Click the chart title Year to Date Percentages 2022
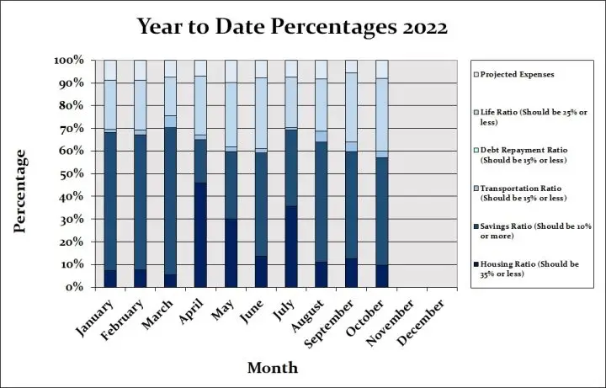[x=294, y=27]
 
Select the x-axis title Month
[x=272, y=367]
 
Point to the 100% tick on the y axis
[x=69, y=61]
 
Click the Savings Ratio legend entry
[x=530, y=230]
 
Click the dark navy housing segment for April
[x=200, y=235]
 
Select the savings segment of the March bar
[x=170, y=201]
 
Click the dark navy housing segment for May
[x=231, y=252]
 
